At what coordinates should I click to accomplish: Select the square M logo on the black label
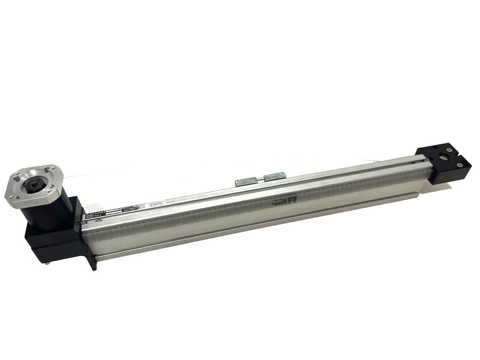point(89,216)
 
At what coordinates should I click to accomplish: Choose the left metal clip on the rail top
point(246,181)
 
